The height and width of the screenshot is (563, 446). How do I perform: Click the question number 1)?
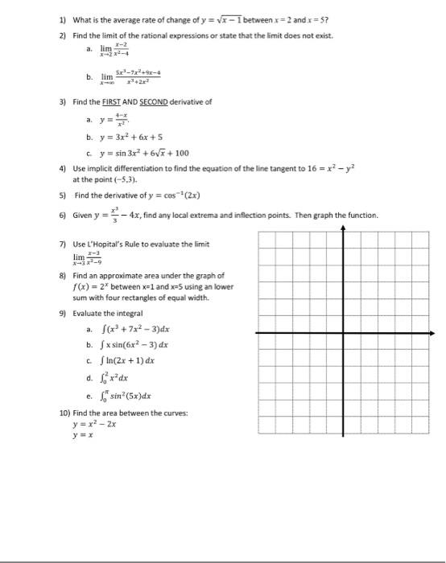pyautogui.click(x=63, y=19)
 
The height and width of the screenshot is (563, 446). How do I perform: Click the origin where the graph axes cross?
pyautogui.click(x=344, y=331)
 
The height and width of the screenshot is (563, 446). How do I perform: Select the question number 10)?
pyautogui.click(x=65, y=412)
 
